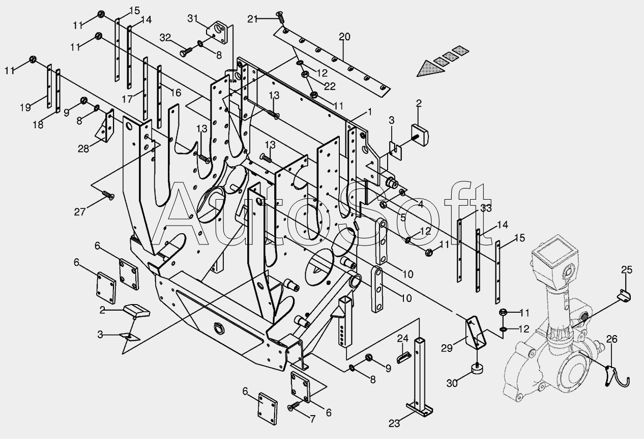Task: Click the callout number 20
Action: pyautogui.click(x=344, y=37)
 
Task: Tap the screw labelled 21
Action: pyautogui.click(x=280, y=17)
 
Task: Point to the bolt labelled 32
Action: pyautogui.click(x=186, y=52)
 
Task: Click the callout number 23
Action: pyautogui.click(x=394, y=423)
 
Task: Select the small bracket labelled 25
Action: pyautogui.click(x=624, y=296)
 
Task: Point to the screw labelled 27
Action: pyautogui.click(x=108, y=195)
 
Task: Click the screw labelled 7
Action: pyautogui.click(x=294, y=406)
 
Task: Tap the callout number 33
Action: pyautogui.click(x=486, y=208)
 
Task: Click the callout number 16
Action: pyautogui.click(x=176, y=93)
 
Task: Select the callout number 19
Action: pyautogui.click(x=25, y=107)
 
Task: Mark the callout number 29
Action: pyautogui.click(x=447, y=348)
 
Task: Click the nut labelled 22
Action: pyautogui.click(x=305, y=74)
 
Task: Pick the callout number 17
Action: pyautogui.click(x=127, y=99)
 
